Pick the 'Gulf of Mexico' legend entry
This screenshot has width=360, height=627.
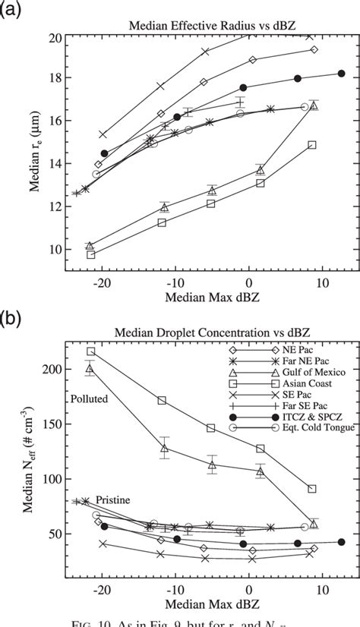pos(300,381)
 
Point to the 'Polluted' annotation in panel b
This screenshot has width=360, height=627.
pos(90,399)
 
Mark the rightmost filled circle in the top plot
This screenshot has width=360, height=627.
pos(341,74)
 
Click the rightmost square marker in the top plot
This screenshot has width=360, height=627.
pos(312,145)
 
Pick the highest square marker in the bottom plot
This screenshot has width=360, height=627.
pos(91,351)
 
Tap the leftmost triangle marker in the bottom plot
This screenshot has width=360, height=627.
pos(90,369)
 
